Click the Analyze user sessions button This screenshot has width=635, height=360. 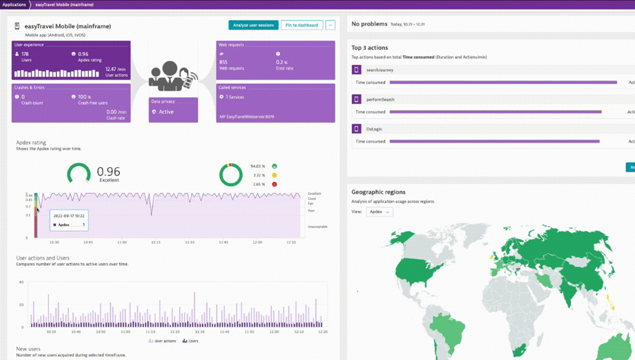click(x=253, y=25)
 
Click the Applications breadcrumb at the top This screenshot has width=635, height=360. click(x=14, y=5)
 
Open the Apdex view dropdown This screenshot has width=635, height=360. click(x=379, y=212)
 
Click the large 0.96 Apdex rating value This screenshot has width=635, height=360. click(x=108, y=171)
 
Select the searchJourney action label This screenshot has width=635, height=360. click(x=380, y=70)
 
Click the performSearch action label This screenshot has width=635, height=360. click(x=380, y=99)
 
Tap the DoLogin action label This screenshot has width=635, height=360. click(x=374, y=128)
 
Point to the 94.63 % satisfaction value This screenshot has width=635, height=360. click(x=258, y=166)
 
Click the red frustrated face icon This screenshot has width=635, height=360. click(x=274, y=184)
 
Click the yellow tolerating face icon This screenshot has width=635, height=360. click(x=274, y=175)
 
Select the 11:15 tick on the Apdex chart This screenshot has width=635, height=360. click(x=156, y=242)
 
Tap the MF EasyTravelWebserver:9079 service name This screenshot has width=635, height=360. click(x=246, y=117)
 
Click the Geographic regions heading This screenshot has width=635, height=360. click(x=378, y=192)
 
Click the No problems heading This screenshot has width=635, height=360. click(x=369, y=24)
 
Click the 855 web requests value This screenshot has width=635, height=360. click(x=223, y=62)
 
